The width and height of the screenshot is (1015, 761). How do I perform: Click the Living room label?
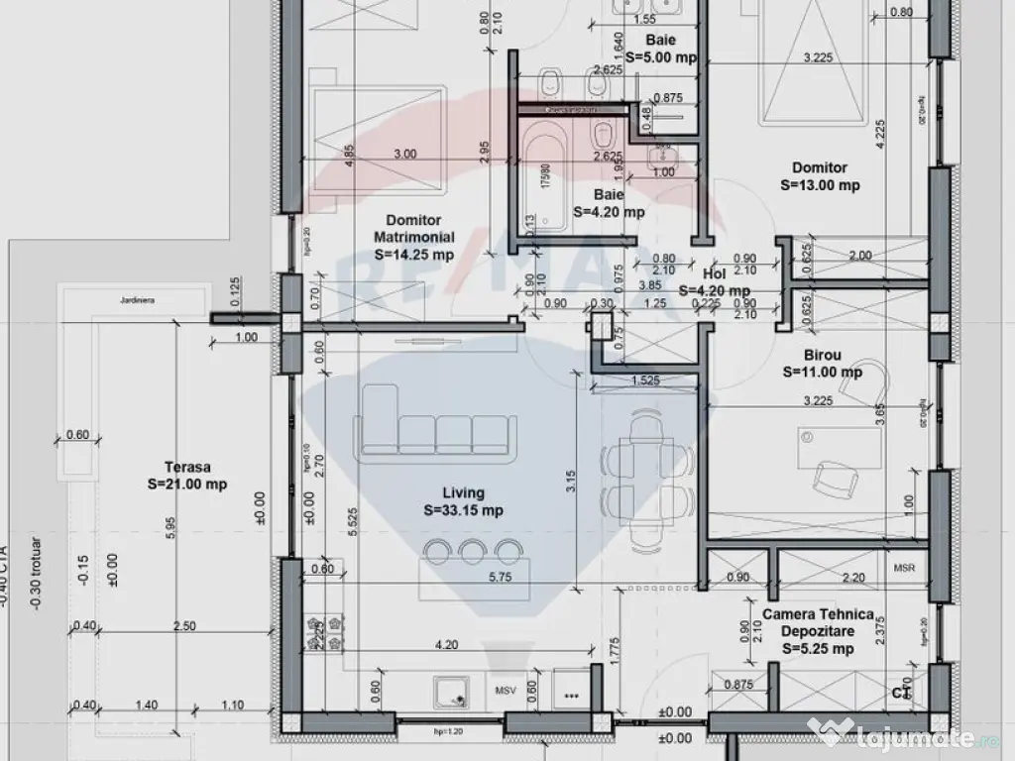[x=463, y=492]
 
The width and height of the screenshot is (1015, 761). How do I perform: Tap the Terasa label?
[x=189, y=466]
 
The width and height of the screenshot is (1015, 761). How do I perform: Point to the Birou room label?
[x=822, y=354]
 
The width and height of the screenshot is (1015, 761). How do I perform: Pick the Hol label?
[x=714, y=272]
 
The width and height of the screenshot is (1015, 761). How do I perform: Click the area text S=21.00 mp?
[x=189, y=484]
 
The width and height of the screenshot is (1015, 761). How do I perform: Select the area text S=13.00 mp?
[x=820, y=185]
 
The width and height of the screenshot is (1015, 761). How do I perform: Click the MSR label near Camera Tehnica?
[x=905, y=568]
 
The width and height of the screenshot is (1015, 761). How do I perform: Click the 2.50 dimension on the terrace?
[x=182, y=625]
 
